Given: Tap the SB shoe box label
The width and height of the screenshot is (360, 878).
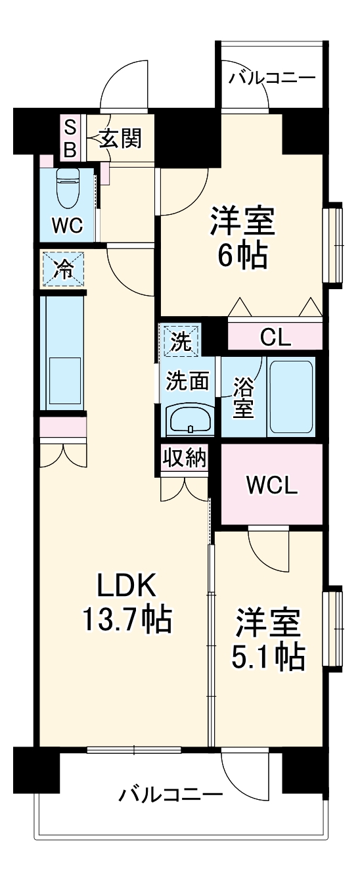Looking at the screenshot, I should pos(70,138).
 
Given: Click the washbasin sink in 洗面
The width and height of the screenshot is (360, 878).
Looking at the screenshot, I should pos(190,417).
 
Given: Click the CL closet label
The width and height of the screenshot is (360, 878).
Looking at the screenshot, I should pos(275,338).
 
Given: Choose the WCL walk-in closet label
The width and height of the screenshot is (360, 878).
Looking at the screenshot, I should pos(272,486).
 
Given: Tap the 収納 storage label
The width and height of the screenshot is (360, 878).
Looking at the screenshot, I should pos(185,458).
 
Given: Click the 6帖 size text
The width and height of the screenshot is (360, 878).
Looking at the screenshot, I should pos(242,257).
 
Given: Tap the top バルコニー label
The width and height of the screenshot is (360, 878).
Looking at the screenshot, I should pos(271,79).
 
